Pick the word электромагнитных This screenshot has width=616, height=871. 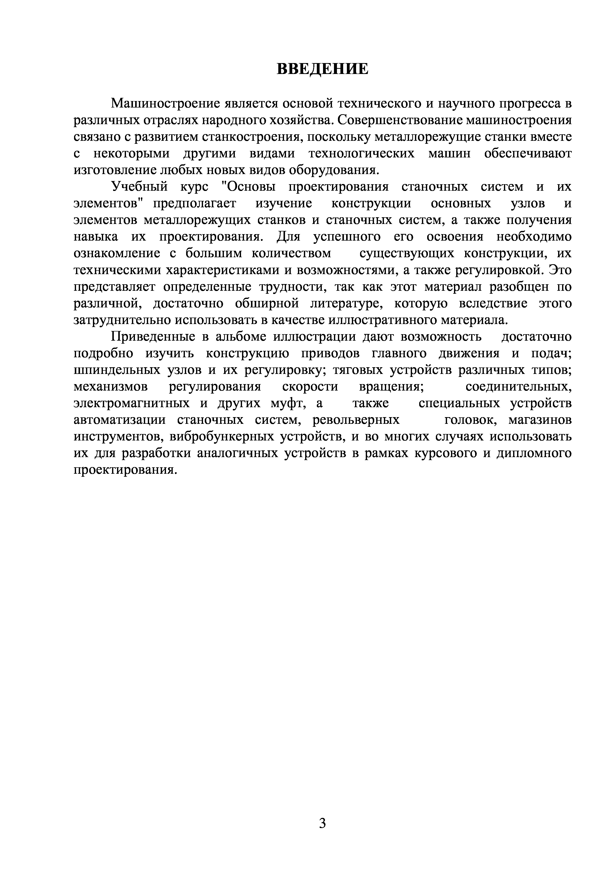[x=131, y=403]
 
